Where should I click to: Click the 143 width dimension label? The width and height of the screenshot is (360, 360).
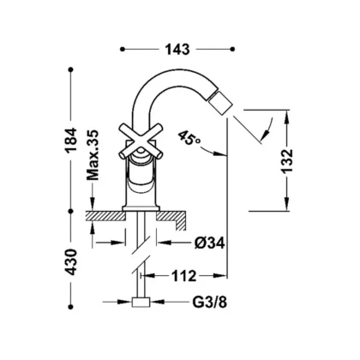[x=177, y=50]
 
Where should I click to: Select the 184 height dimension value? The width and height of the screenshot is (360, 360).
[x=71, y=140]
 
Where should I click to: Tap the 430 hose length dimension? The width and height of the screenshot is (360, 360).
[x=71, y=262]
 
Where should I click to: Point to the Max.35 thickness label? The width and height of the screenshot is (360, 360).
[x=93, y=155]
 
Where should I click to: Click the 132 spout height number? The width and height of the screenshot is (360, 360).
[x=287, y=161]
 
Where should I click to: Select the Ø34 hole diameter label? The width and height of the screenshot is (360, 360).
[x=210, y=243]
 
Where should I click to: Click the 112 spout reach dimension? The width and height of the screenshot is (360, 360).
[x=184, y=276]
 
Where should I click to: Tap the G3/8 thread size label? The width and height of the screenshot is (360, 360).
[x=209, y=302]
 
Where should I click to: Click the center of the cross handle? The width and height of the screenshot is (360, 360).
[x=141, y=141]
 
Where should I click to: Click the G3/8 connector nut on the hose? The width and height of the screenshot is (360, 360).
[x=141, y=302]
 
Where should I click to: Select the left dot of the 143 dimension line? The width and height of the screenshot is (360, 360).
[x=123, y=50]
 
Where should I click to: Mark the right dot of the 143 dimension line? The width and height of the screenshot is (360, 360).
[x=232, y=50]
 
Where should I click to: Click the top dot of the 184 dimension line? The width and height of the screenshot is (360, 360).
[x=71, y=69]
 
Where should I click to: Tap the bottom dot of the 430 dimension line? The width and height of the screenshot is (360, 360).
[x=71, y=307]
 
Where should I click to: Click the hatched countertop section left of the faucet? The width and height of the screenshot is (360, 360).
[x=106, y=216]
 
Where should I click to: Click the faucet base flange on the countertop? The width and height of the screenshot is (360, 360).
[x=141, y=208]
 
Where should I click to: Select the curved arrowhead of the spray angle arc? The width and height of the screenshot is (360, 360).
[x=267, y=134]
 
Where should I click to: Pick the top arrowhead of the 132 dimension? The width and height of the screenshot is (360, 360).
[x=287, y=117]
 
